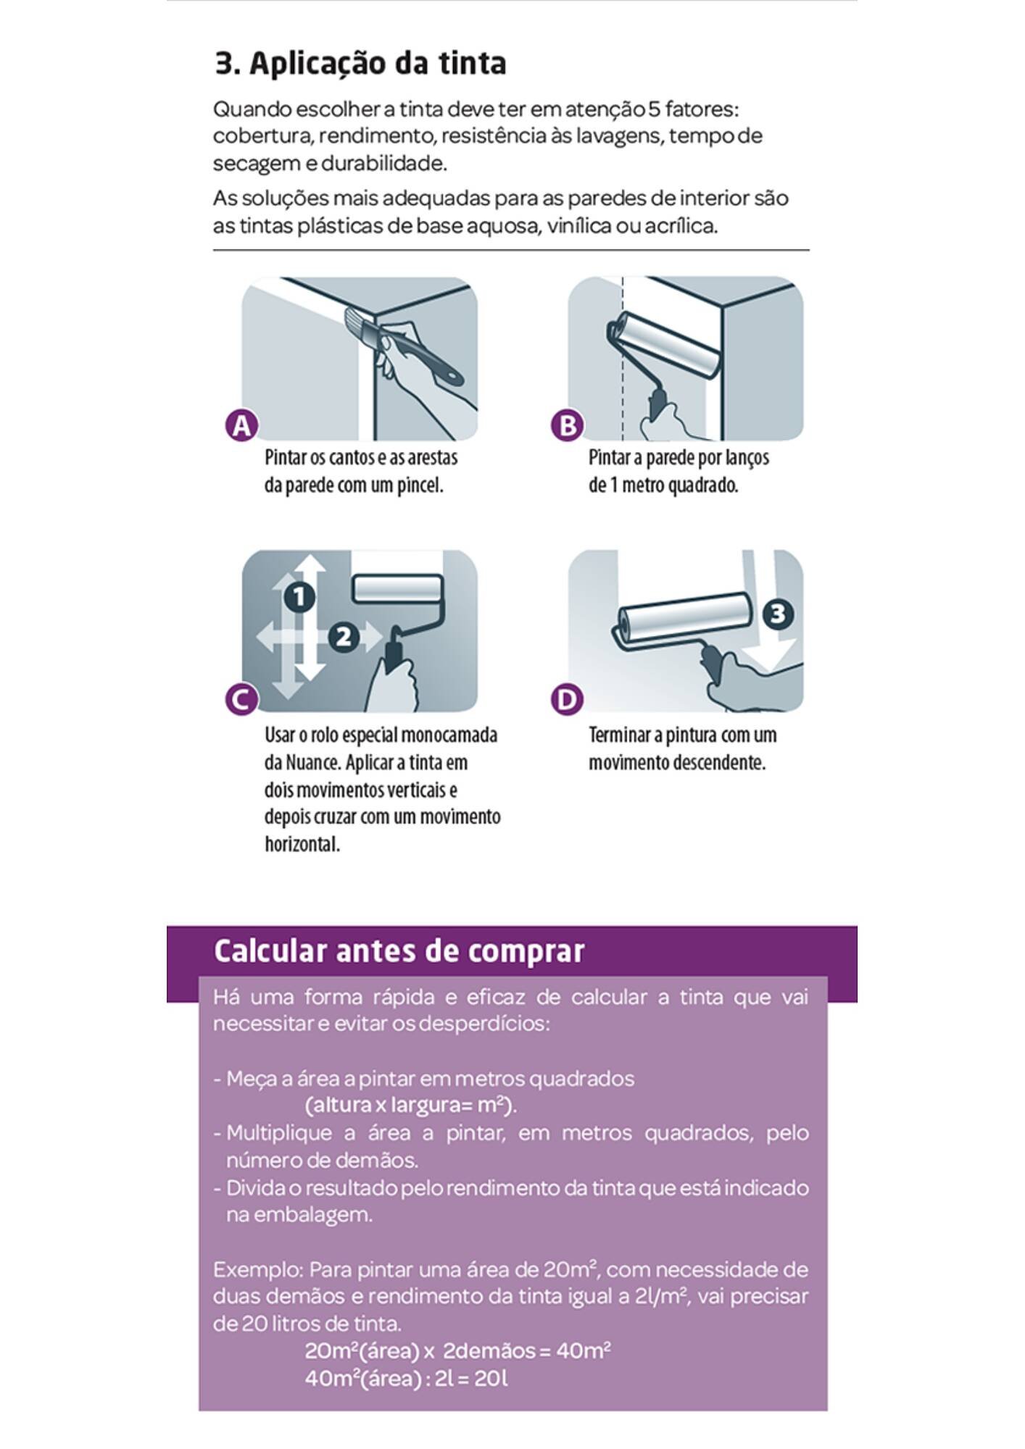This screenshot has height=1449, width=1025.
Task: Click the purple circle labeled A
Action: (241, 425)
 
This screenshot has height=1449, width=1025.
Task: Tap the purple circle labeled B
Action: (567, 425)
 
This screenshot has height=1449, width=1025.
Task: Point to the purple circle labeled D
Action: (567, 700)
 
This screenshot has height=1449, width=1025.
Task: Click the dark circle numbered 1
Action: (299, 597)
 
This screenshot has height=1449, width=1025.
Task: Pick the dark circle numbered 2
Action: (344, 637)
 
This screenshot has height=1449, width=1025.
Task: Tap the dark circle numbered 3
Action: (777, 614)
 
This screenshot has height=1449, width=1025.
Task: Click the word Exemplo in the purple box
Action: (257, 1270)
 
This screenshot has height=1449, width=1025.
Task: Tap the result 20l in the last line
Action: (491, 1379)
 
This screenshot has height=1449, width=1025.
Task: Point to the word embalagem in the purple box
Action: (299, 1215)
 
